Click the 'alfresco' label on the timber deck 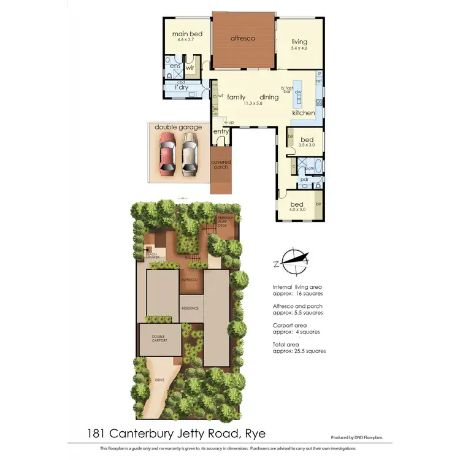click(x=242, y=38)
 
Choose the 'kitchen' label click(x=303, y=113)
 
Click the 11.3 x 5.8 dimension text click(x=253, y=104)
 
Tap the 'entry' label click(x=221, y=132)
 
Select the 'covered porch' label click(x=221, y=166)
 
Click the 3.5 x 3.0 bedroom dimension click(x=306, y=145)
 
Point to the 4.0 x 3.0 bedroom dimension click(x=296, y=210)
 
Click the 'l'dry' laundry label click(x=182, y=88)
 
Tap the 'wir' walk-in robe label click(x=190, y=66)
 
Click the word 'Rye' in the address click(x=255, y=434)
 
